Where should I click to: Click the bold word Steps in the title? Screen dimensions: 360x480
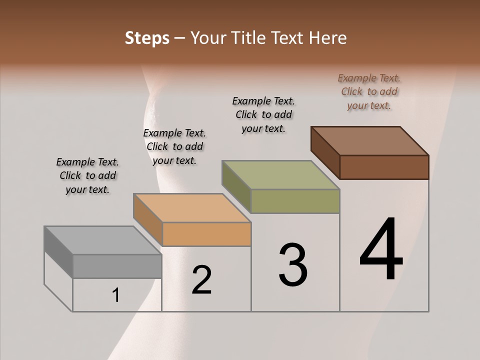click(147, 38)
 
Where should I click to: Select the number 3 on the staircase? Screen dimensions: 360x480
click(293, 265)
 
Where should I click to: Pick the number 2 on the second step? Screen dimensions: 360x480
click(201, 280)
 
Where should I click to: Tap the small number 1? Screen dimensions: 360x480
click(116, 295)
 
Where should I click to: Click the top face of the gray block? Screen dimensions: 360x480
click(103, 240)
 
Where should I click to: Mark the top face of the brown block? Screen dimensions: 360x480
click(370, 141)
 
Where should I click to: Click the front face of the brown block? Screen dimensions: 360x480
click(384, 167)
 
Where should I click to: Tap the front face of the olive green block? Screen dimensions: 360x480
click(295, 201)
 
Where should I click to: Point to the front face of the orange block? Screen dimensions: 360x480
click(206, 234)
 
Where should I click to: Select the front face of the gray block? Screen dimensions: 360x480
click(117, 266)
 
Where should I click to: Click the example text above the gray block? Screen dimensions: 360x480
click(87, 175)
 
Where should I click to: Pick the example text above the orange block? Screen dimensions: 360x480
click(174, 146)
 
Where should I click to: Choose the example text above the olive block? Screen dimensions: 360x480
click(263, 114)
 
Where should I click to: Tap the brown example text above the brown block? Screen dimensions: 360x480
click(369, 91)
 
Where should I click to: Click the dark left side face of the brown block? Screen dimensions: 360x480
click(325, 152)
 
